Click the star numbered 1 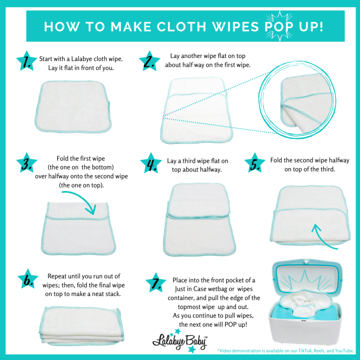(x=27, y=61)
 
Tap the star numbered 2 (x=149, y=61)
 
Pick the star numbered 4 (x=151, y=163)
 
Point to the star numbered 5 (x=255, y=163)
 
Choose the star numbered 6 (x=28, y=279)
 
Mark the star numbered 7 (x=156, y=283)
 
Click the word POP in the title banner (x=279, y=27)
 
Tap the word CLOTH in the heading (x=181, y=27)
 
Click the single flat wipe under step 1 (x=73, y=107)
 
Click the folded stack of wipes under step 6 (x=82, y=326)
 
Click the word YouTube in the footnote (x=344, y=351)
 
